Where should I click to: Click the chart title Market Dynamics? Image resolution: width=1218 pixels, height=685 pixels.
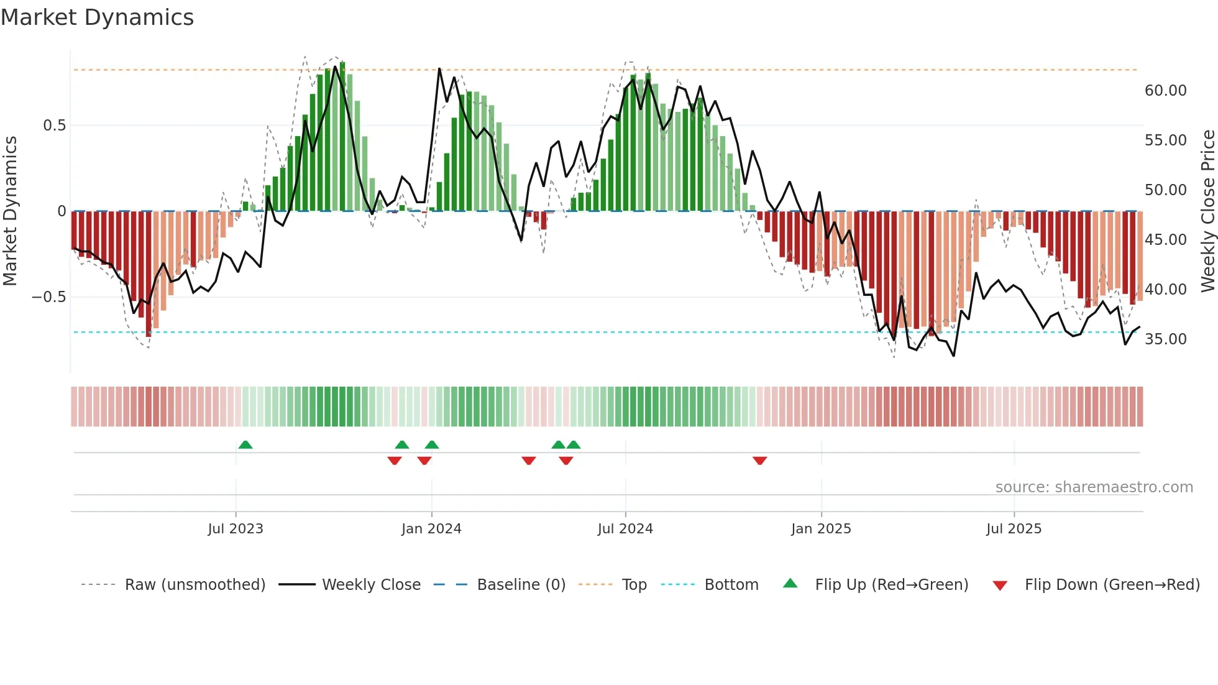(97, 17)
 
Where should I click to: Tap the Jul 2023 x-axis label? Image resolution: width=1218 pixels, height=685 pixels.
(236, 529)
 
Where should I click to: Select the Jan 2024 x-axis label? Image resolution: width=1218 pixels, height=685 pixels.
(431, 529)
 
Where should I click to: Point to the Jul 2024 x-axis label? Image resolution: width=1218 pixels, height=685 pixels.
(625, 529)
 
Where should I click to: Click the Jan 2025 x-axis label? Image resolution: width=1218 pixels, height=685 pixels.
(821, 529)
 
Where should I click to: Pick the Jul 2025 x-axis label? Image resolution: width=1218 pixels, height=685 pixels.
(1014, 529)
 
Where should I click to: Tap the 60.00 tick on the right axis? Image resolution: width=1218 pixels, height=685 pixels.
(1165, 91)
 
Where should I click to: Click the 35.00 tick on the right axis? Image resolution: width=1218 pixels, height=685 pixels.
(1165, 339)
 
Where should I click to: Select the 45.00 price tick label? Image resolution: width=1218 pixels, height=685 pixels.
(1165, 240)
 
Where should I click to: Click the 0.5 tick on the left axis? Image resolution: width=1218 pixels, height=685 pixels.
(54, 126)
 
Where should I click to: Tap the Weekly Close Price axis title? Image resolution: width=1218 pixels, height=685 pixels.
(1207, 211)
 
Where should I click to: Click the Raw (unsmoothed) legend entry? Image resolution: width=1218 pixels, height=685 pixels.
(195, 585)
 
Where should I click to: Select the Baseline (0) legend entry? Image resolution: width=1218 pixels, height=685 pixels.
(521, 585)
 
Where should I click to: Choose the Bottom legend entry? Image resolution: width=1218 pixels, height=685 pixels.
(731, 585)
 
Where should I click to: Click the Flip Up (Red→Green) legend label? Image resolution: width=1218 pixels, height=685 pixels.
(891, 585)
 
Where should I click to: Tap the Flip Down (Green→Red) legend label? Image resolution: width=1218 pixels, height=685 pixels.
(1112, 585)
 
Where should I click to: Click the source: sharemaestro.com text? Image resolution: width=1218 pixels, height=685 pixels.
(1094, 487)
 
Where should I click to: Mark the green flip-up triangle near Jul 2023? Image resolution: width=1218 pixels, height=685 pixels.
(245, 445)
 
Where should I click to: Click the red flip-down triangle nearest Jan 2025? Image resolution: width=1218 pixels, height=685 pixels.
(759, 461)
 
